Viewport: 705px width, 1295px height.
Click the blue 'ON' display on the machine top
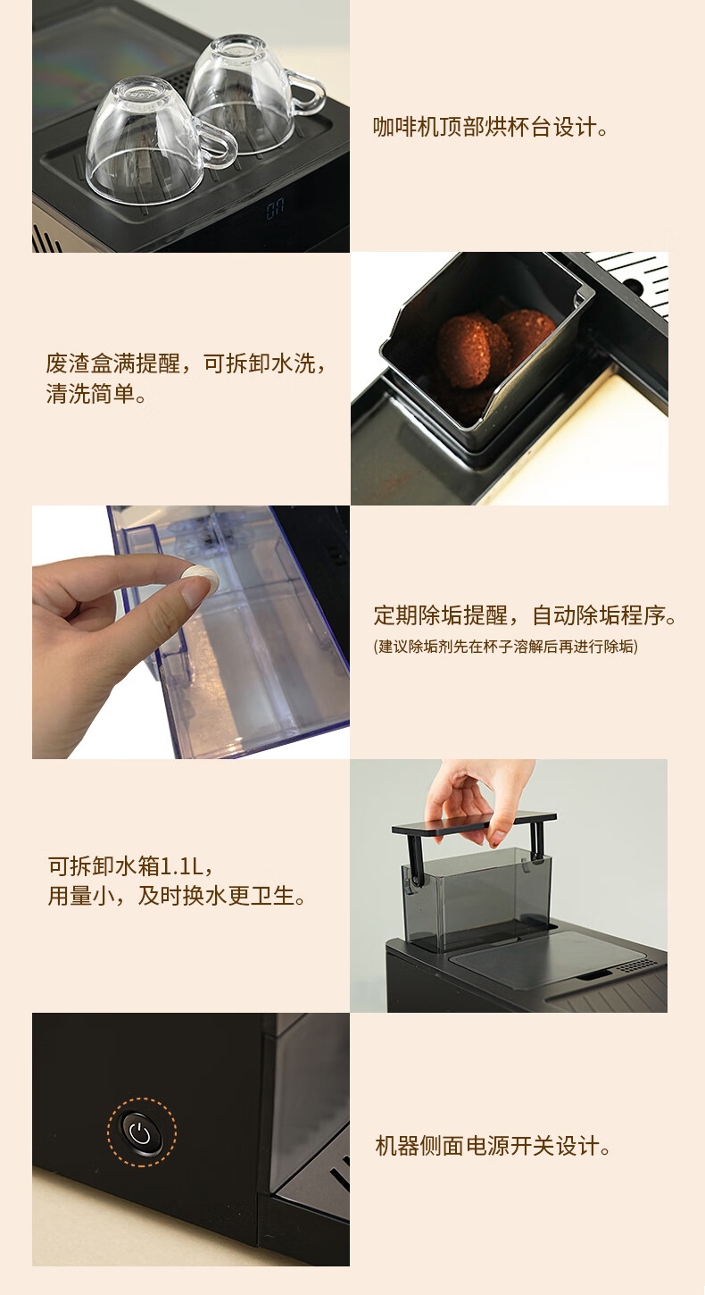(275, 209)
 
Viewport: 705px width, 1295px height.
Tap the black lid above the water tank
(474, 823)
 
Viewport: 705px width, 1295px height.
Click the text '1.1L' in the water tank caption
(181, 866)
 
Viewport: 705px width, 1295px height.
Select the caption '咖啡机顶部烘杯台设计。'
(491, 127)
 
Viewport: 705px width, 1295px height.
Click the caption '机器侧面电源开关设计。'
(493, 1145)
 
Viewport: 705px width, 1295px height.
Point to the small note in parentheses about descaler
(506, 647)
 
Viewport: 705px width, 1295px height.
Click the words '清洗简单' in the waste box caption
(90, 394)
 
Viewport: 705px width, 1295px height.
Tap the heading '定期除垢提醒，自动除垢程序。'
(525, 615)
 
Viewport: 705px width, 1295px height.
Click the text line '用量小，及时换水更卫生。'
(177, 896)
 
